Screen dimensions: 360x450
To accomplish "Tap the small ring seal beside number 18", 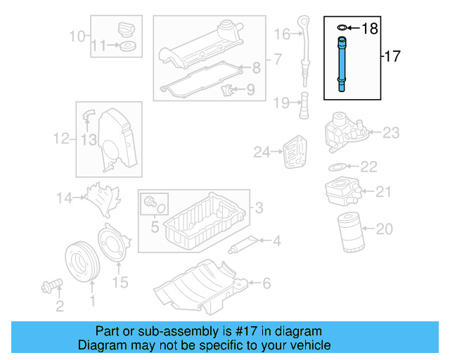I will pos(342,28).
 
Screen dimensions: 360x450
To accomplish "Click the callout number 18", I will pos(370,29).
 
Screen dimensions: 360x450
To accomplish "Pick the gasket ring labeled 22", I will pos(337,167).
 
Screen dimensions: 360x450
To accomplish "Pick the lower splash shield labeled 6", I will pos(200,285).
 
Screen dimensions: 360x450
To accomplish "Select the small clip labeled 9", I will pos(227,91).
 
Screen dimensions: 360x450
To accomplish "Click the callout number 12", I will pos(63,139).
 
